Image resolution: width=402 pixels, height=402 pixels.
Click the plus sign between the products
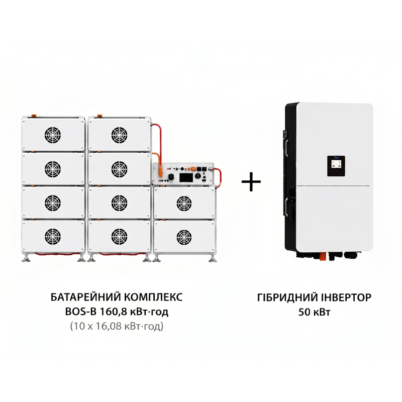[x=251, y=181]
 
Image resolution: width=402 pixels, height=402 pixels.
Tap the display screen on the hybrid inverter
[x=336, y=166]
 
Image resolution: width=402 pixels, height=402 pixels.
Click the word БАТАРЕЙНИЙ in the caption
[x=85, y=297]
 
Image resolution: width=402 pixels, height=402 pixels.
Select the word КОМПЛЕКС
[x=153, y=297]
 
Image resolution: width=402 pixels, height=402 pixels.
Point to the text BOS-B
[x=81, y=312]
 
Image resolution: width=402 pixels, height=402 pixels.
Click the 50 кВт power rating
[x=315, y=312]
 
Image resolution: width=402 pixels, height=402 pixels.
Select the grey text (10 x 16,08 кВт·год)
[x=117, y=326]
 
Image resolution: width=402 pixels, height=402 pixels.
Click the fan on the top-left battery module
[x=53, y=135]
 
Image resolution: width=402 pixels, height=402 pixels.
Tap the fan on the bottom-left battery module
[x=53, y=237]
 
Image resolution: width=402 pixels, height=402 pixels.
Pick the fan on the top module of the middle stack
[x=119, y=135]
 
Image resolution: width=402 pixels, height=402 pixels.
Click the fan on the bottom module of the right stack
[x=184, y=237]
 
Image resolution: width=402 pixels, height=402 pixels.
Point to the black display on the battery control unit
[x=186, y=177]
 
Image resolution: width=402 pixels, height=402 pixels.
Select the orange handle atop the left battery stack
[x=34, y=116]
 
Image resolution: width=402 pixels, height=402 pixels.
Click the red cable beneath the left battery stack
[x=58, y=254]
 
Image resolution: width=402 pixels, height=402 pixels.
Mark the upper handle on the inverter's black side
[x=286, y=147]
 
